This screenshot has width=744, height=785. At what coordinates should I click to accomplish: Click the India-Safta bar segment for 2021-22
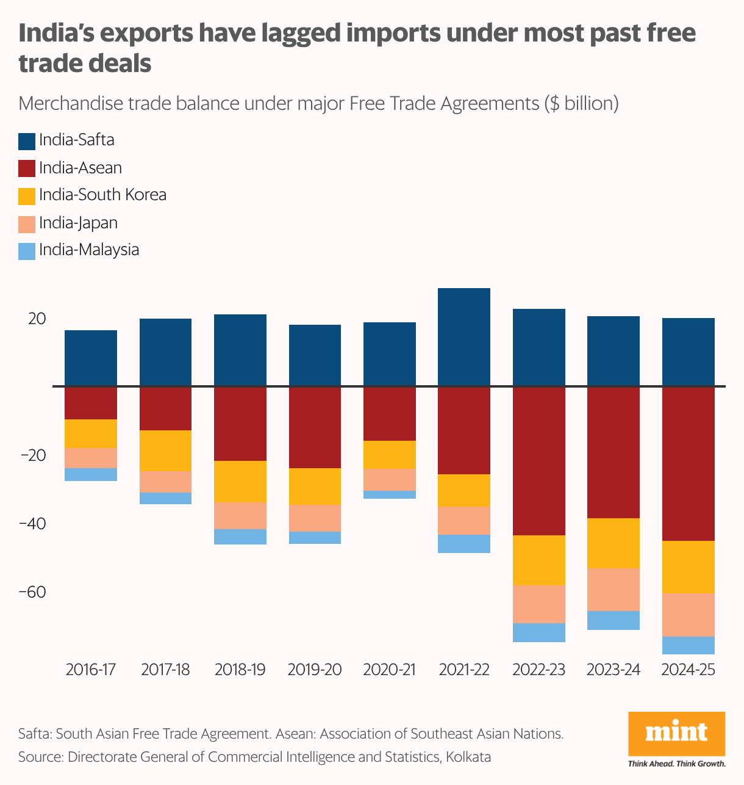pyautogui.click(x=464, y=337)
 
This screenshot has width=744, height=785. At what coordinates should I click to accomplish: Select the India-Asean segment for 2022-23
pyautogui.click(x=538, y=461)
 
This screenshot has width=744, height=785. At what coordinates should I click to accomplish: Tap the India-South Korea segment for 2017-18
pyautogui.click(x=165, y=450)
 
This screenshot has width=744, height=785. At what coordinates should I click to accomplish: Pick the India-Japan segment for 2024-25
pyautogui.click(x=688, y=615)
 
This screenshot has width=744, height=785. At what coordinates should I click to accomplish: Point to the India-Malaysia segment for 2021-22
pyautogui.click(x=464, y=543)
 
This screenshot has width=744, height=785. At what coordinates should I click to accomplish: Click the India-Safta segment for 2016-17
pyautogui.click(x=91, y=358)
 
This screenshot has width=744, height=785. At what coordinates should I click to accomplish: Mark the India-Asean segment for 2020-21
pyautogui.click(x=389, y=414)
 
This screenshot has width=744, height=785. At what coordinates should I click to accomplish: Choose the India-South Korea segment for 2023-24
pyautogui.click(x=613, y=543)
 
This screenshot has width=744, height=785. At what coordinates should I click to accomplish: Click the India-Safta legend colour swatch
pyautogui.click(x=27, y=141)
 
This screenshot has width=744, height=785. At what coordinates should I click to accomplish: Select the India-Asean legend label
pyautogui.click(x=80, y=168)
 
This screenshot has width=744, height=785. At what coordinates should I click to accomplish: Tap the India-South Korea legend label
pyautogui.click(x=102, y=195)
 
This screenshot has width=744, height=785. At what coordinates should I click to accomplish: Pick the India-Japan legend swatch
pyautogui.click(x=27, y=224)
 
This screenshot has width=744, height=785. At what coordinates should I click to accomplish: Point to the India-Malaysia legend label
pyautogui.click(x=89, y=250)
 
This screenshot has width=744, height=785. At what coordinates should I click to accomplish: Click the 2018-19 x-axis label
pyautogui.click(x=240, y=670)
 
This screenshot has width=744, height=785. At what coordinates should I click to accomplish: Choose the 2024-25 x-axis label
pyautogui.click(x=688, y=670)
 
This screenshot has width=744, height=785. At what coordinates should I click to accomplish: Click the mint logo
pyautogui.click(x=676, y=733)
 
